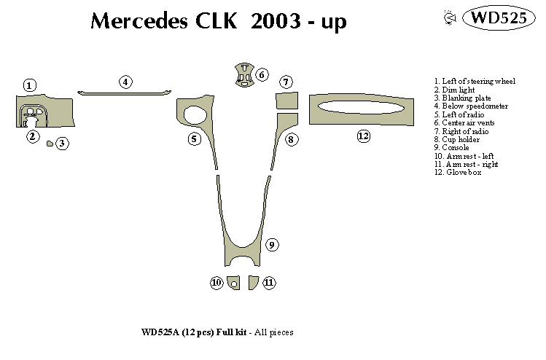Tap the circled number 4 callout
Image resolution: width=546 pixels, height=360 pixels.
point(126,82)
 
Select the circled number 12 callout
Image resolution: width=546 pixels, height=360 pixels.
point(363,136)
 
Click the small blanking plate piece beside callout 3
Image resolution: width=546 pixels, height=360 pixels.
point(50,144)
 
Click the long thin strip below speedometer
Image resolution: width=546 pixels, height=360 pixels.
point(125,93)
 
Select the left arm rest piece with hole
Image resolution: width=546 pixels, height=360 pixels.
point(233,283)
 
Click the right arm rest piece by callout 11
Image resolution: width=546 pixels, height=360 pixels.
point(253,282)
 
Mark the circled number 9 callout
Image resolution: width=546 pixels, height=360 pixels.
point(271,245)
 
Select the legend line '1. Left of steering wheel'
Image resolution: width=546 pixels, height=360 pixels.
point(474,81)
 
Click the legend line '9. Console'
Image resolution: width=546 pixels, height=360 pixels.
point(452,148)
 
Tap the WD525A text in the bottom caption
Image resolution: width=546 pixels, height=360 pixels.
point(162,332)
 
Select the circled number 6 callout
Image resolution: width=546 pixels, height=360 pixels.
point(262,74)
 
